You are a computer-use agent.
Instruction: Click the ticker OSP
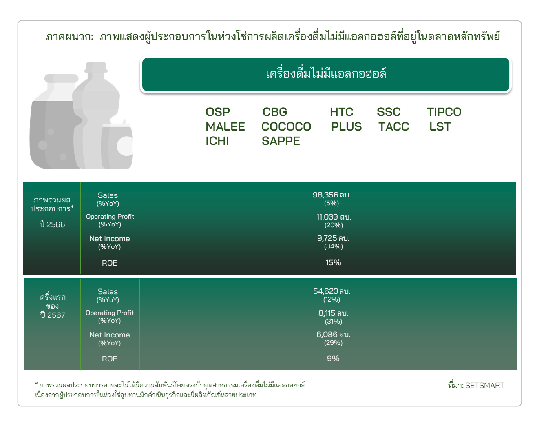(217, 112)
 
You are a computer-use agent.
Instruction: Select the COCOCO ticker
(286, 126)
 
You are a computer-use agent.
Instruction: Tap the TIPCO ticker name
(444, 112)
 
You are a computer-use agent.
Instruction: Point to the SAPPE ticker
(281, 141)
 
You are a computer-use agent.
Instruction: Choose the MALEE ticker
(225, 126)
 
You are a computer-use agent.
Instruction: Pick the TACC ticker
(393, 126)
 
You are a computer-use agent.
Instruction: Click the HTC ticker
(341, 112)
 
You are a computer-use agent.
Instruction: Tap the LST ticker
(440, 126)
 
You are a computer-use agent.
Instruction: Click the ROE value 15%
(333, 262)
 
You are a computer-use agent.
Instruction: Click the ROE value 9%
(333, 358)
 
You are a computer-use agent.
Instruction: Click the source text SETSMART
(484, 385)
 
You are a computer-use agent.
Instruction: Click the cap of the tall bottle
(96, 67)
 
